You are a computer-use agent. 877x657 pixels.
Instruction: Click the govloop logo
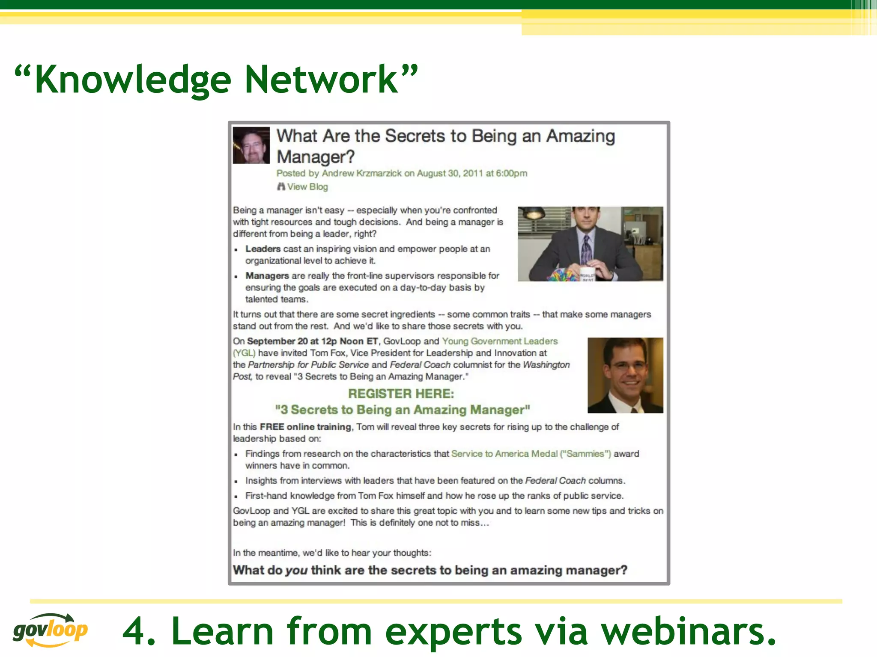[51, 630]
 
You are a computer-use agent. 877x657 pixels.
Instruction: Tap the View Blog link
[307, 187]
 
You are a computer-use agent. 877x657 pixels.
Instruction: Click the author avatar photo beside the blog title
[251, 145]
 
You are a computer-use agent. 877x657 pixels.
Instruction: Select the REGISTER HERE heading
[401, 394]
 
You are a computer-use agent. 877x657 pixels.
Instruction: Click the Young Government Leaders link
[500, 341]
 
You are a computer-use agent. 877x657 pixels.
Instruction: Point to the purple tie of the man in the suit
[585, 250]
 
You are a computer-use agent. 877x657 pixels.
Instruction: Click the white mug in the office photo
[587, 274]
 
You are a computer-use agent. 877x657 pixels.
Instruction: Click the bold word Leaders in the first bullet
[263, 249]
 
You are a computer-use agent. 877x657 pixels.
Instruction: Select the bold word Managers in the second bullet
[267, 276]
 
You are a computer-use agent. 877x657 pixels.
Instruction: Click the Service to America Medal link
[504, 454]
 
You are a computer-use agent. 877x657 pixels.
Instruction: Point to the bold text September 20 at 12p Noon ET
[313, 341]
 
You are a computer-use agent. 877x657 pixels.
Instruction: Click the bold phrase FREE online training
[305, 427]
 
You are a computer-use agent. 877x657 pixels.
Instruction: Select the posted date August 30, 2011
[450, 173]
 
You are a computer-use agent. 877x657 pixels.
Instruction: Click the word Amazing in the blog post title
[581, 136]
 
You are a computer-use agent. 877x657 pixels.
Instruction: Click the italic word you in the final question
[296, 571]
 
